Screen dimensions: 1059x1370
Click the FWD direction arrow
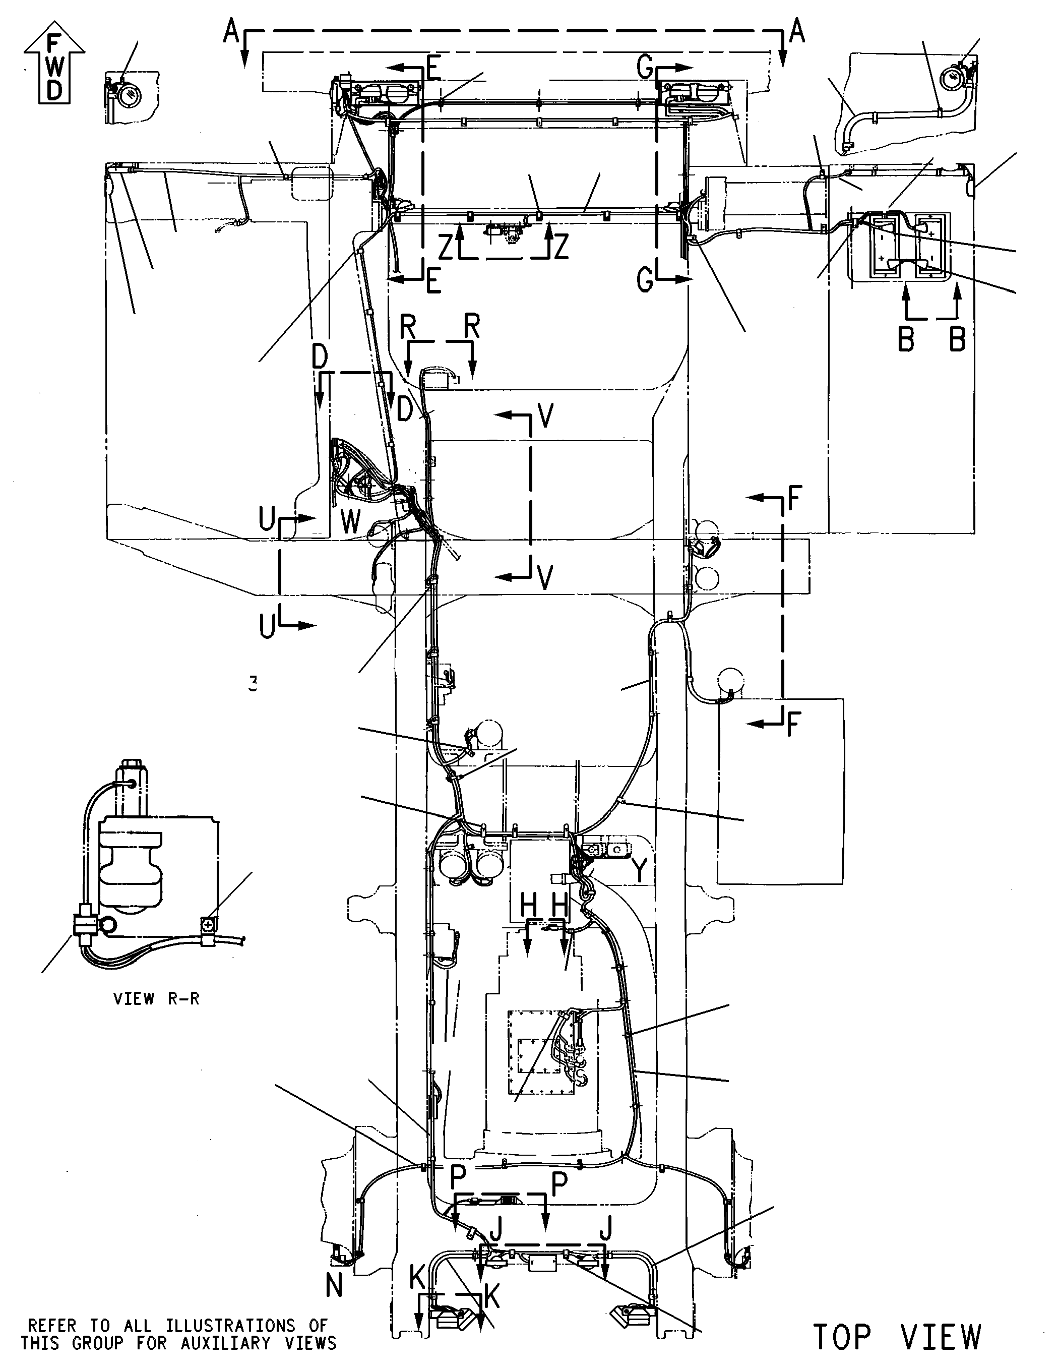click(x=54, y=67)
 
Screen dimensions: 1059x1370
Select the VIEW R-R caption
click(x=156, y=999)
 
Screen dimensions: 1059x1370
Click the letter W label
click(x=351, y=521)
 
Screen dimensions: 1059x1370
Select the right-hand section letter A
click(x=796, y=31)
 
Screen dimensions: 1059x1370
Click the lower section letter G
click(x=645, y=280)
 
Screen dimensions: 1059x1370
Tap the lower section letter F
click(x=794, y=725)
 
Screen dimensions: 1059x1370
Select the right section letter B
click(x=957, y=339)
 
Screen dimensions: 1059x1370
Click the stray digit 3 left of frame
click(x=253, y=683)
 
